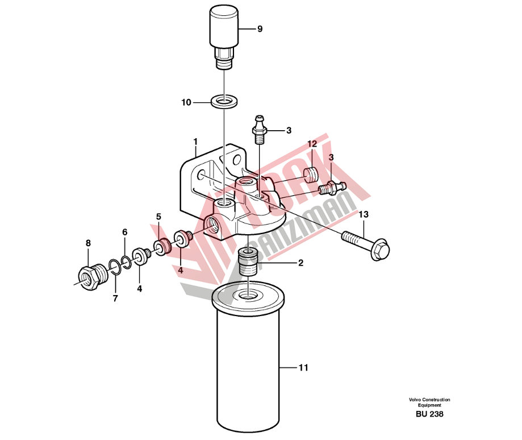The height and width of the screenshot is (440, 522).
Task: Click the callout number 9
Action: point(260,29)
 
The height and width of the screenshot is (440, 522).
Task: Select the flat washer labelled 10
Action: point(224,101)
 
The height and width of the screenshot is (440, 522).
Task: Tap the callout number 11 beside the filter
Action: point(303,368)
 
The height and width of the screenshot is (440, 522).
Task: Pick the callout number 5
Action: point(158,217)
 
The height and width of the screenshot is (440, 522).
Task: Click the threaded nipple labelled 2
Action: point(249,262)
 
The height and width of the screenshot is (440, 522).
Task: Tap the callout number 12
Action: point(312,144)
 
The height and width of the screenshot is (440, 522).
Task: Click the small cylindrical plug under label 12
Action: point(311,175)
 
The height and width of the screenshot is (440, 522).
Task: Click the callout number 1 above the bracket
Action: point(195,142)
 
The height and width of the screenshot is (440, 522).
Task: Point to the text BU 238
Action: point(429,414)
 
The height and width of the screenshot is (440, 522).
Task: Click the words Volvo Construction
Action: point(429,400)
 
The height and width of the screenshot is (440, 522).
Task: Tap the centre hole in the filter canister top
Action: point(248,295)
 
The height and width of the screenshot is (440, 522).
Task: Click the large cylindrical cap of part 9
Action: point(224,27)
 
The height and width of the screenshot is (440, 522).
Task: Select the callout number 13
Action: point(364,214)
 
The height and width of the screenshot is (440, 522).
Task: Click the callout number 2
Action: point(301,263)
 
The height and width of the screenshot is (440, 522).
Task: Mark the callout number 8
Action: point(88,243)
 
